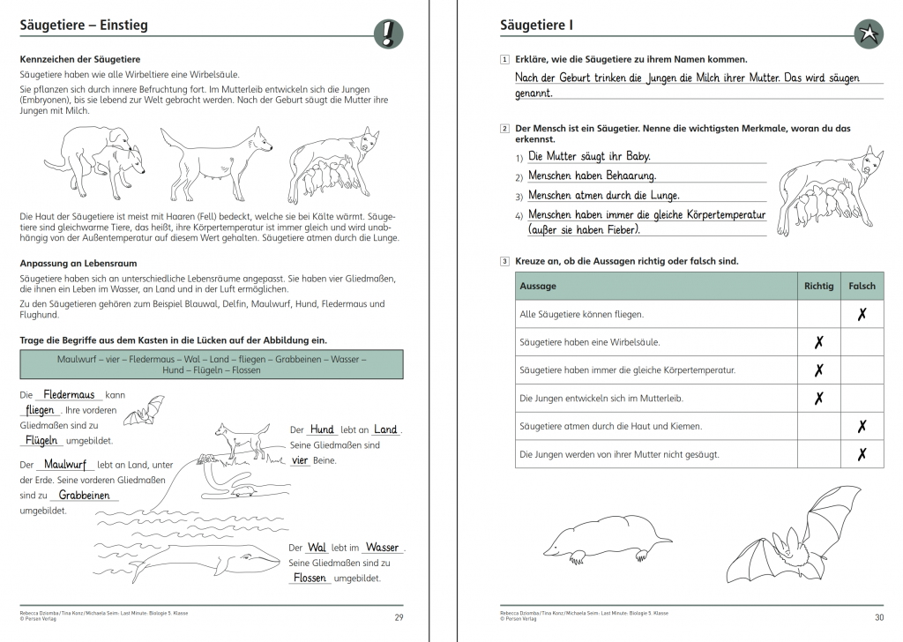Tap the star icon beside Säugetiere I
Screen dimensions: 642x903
[x=868, y=34]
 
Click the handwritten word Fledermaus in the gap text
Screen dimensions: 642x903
[x=69, y=395]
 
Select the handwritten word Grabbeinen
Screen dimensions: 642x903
[x=84, y=496]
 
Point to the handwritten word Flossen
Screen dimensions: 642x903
[x=310, y=579]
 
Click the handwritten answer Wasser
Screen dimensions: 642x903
[x=382, y=548]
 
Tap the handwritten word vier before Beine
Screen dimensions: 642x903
[x=300, y=460]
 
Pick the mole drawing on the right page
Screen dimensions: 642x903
[x=606, y=536]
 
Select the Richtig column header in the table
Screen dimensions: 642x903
[x=818, y=286]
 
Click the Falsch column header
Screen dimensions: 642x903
[x=862, y=286]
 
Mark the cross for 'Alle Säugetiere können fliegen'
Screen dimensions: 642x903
[x=862, y=314]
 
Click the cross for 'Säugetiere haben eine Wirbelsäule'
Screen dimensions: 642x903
[x=818, y=342]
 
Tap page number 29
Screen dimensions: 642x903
[x=399, y=617]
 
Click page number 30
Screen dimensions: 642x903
[x=878, y=617]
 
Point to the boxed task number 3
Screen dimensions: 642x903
[x=504, y=261]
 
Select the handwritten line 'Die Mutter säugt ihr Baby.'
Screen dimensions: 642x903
[x=589, y=156]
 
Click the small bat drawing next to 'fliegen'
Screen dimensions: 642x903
[x=143, y=410]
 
